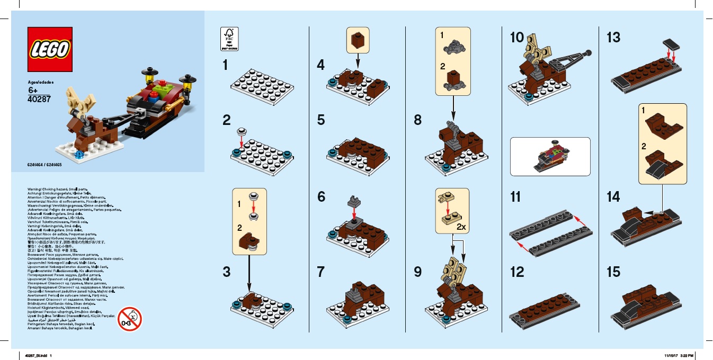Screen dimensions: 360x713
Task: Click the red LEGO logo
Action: pyautogui.click(x=50, y=49)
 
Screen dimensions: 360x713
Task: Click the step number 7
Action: pyautogui.click(x=320, y=272)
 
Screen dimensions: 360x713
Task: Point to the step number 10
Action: pyautogui.click(x=516, y=38)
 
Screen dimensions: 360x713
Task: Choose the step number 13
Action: pyautogui.click(x=613, y=38)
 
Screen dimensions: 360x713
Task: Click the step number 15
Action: pyautogui.click(x=613, y=272)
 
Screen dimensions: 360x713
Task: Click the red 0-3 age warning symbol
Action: pyautogui.click(x=130, y=319)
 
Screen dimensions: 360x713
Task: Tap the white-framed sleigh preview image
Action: pyautogui.click(x=550, y=157)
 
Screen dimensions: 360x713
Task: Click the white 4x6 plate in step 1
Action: pyautogui.click(x=261, y=85)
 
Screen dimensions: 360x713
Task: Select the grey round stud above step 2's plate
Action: pyautogui.click(x=242, y=131)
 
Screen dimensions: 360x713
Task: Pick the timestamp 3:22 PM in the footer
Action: pyautogui.click(x=687, y=355)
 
